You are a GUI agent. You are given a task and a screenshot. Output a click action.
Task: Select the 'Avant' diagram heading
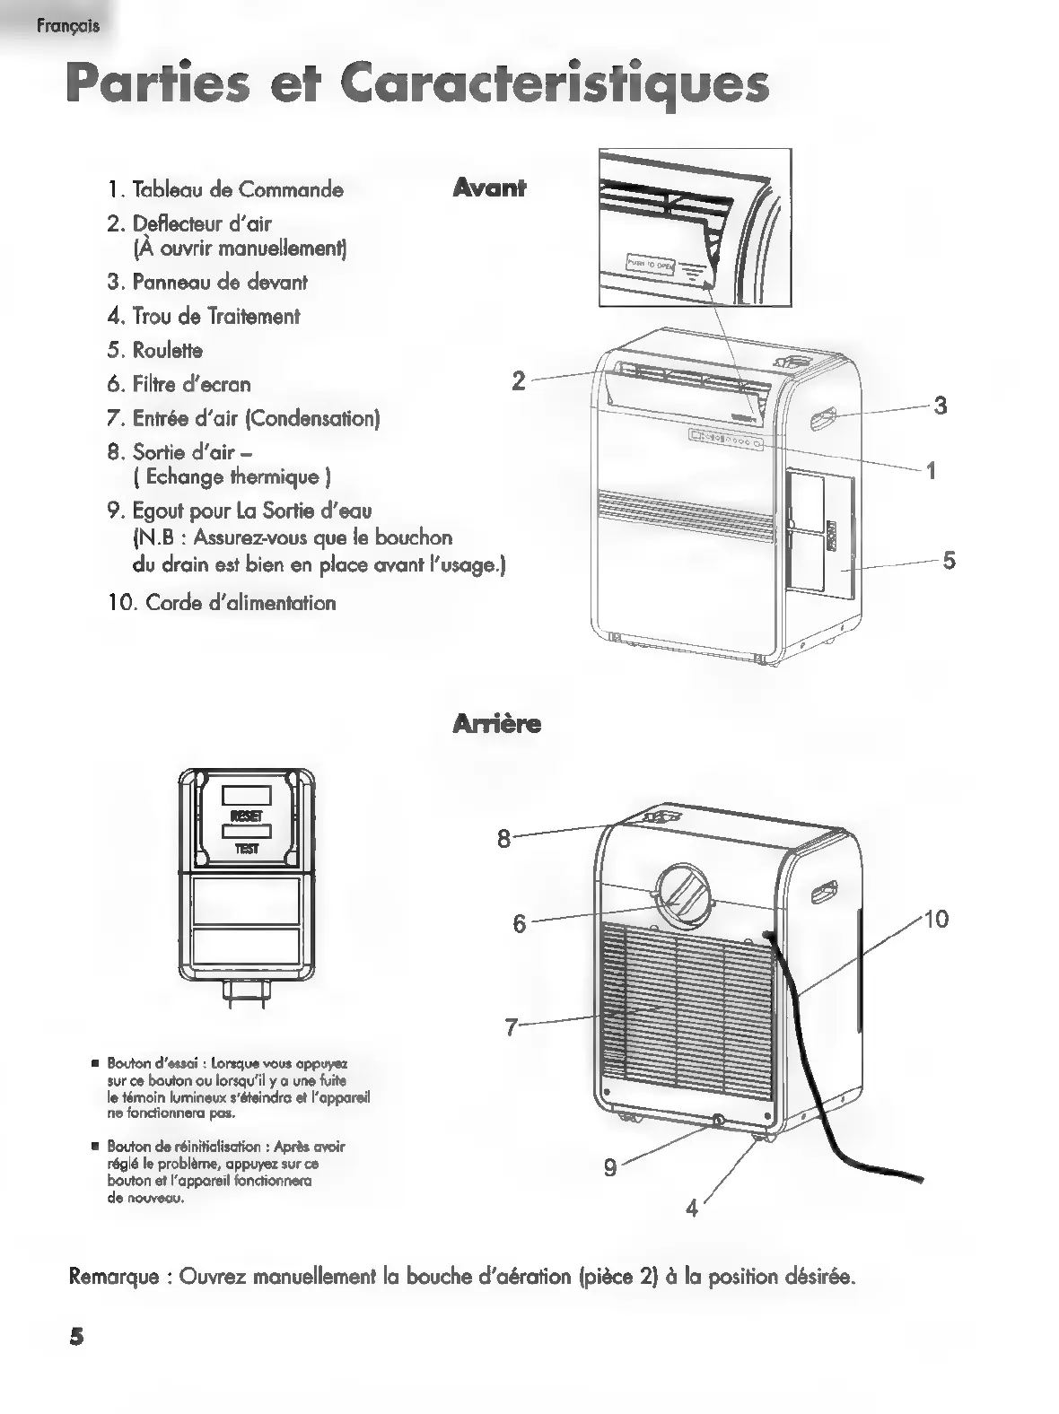tap(489, 188)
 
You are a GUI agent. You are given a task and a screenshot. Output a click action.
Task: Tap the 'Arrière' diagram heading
tap(497, 723)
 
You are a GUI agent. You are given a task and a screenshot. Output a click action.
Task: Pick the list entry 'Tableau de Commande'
tap(237, 189)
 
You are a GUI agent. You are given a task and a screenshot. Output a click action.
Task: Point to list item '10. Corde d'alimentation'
tap(222, 603)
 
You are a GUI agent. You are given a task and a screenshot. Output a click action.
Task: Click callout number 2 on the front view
tap(519, 380)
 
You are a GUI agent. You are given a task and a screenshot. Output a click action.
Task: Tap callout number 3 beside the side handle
tap(940, 406)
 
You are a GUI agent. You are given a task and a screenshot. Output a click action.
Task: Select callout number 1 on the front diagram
tap(932, 470)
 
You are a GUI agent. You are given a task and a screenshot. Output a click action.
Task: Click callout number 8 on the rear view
tap(503, 839)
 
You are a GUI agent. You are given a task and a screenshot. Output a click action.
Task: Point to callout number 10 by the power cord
tap(935, 919)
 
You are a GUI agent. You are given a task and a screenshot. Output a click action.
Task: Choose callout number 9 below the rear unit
tap(610, 1168)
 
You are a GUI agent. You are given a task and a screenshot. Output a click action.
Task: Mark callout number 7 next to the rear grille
tap(512, 1026)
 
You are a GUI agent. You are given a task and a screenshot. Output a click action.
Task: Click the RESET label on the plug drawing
tap(247, 816)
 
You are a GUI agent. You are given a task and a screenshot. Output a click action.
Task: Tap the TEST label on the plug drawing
tap(247, 849)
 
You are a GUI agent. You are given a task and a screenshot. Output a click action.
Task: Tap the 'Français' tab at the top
tap(68, 26)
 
